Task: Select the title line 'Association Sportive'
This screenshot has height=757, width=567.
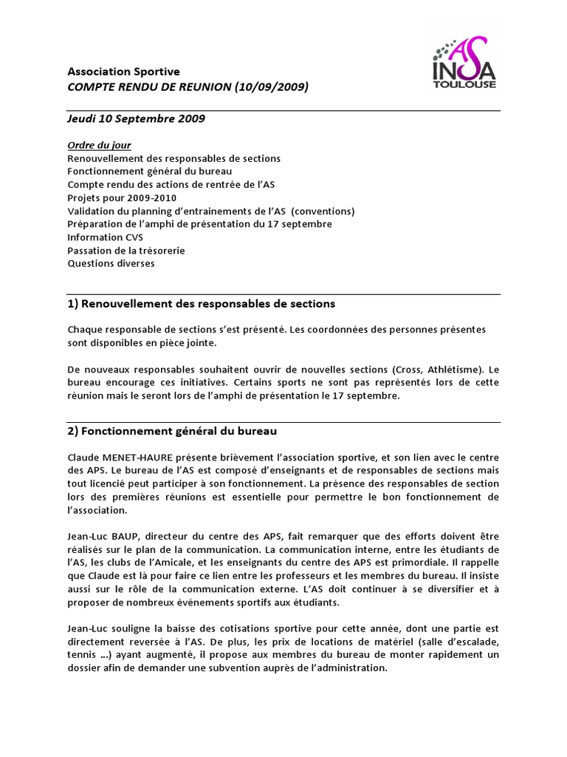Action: click(x=123, y=72)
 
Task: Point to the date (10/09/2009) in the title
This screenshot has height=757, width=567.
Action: click(x=271, y=87)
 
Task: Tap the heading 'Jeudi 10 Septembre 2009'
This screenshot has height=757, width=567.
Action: click(x=137, y=118)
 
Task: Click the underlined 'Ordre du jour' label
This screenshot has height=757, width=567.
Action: click(x=99, y=145)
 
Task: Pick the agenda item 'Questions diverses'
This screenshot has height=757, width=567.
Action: click(x=111, y=263)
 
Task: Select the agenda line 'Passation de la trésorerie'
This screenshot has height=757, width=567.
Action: click(x=126, y=251)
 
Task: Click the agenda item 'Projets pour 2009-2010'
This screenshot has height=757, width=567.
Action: click(x=122, y=198)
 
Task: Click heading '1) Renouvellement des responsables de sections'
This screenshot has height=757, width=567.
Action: click(x=201, y=303)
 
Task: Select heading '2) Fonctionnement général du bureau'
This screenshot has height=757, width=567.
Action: click(x=172, y=430)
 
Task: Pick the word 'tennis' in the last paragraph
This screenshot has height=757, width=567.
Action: click(x=80, y=655)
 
